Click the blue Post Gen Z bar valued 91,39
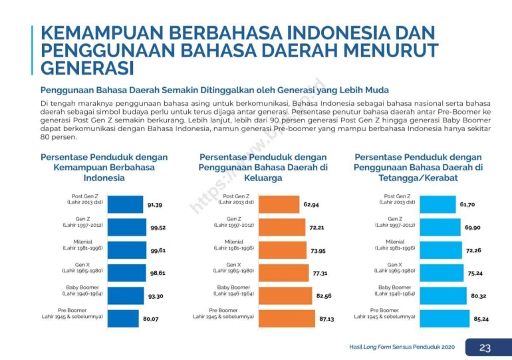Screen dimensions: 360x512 click(125, 204)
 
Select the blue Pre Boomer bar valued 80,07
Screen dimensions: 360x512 click(123, 318)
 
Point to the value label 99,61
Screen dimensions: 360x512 click(158, 250)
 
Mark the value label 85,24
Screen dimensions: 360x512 click(481, 319)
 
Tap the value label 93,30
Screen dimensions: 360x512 click(157, 296)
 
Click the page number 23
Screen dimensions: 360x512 click(486, 347)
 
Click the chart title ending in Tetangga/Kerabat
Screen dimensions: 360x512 click(418, 168)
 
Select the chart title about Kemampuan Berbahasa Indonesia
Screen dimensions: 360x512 click(104, 168)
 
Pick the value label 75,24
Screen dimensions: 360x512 click(475, 273)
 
